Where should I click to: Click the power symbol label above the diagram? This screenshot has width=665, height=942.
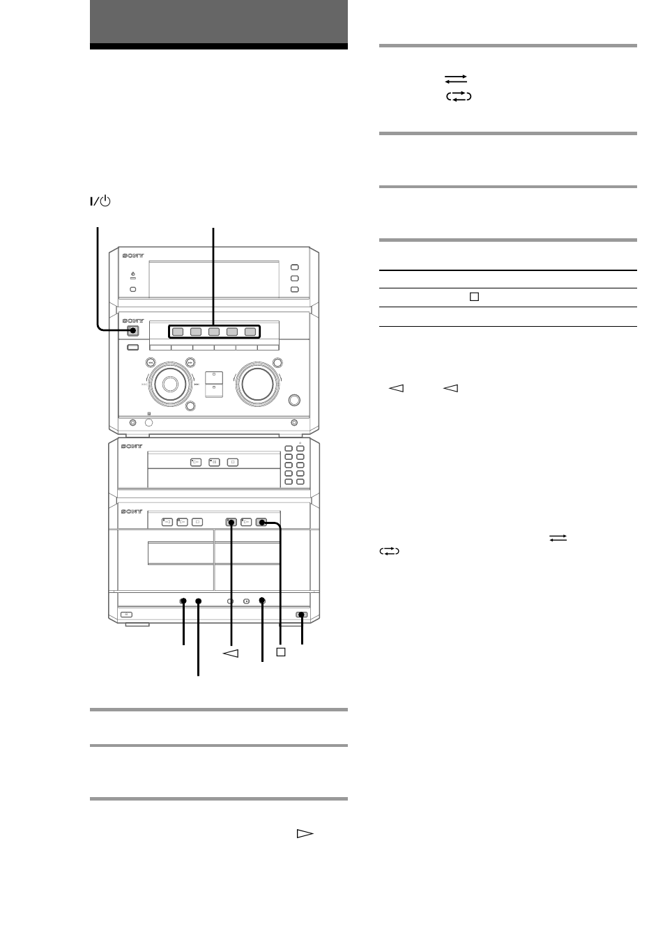(100, 201)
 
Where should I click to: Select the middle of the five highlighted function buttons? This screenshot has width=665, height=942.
(214, 332)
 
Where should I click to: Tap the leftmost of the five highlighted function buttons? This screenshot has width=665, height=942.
(177, 332)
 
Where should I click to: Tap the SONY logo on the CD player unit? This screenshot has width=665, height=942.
(132, 446)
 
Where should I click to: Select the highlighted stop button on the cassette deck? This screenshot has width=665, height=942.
(261, 521)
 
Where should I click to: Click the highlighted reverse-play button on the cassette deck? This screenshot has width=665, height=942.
(230, 521)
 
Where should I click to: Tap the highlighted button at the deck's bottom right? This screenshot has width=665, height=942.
(301, 615)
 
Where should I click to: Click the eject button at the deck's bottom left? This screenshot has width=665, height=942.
(125, 615)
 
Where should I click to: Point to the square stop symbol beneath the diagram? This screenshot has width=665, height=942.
(280, 652)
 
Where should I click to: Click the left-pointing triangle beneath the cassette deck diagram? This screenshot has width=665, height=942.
(231, 653)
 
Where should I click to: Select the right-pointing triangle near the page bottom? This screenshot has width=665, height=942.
(305, 833)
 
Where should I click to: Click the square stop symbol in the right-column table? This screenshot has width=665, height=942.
(474, 297)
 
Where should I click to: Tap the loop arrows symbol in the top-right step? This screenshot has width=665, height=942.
(458, 96)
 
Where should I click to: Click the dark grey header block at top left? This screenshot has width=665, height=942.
(218, 22)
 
